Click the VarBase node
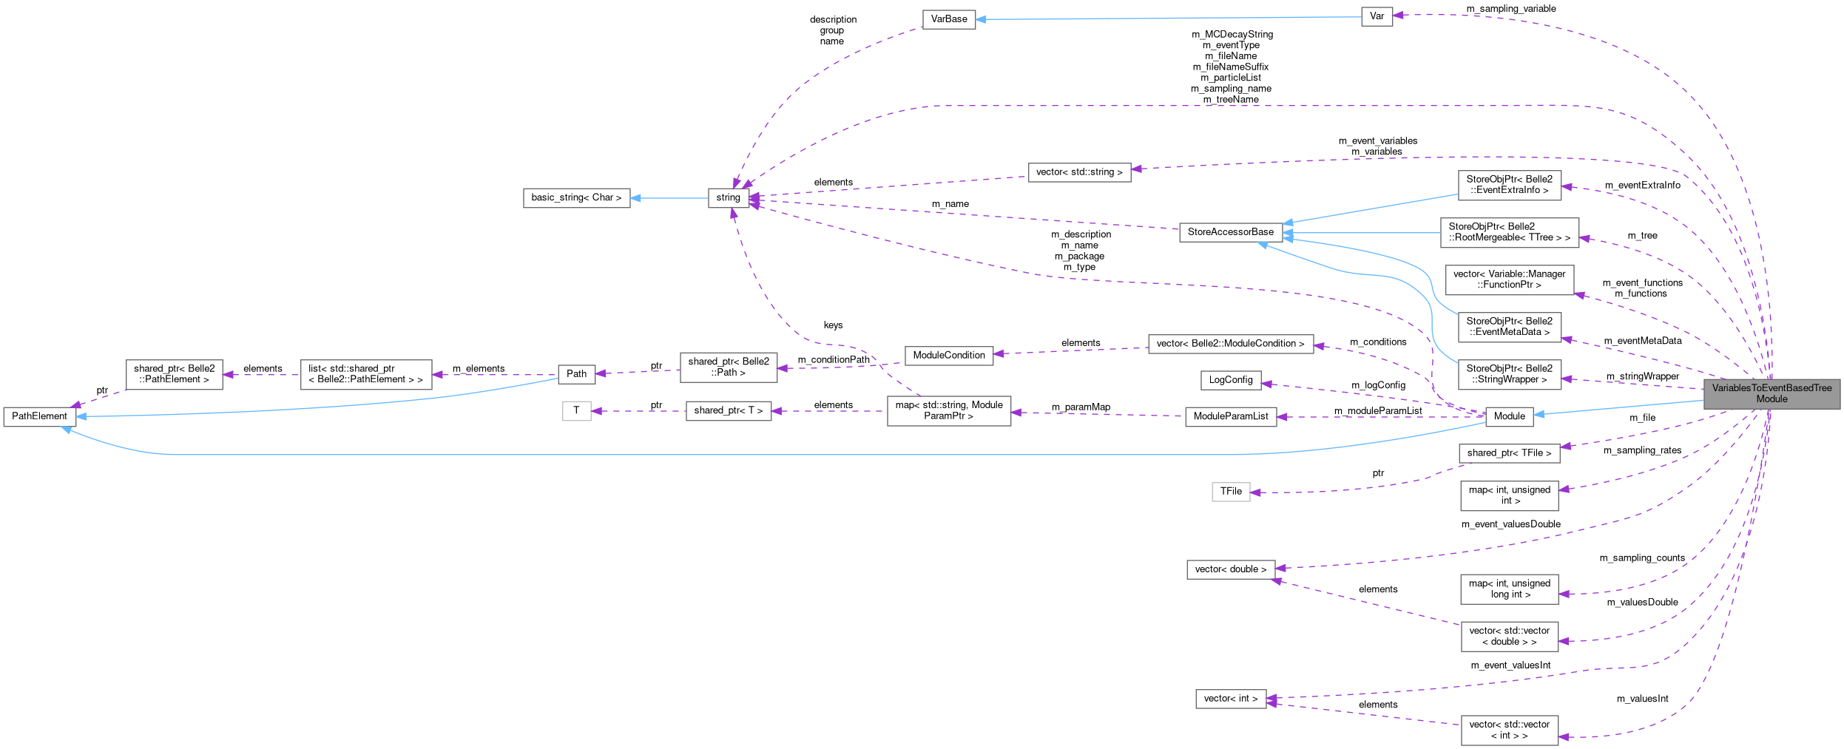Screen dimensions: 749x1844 [x=948, y=19]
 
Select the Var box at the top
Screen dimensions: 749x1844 [x=1377, y=16]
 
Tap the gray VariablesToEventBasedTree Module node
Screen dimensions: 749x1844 [x=1772, y=393]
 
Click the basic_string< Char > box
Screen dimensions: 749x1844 [x=576, y=198]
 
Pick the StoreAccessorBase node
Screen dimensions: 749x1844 [x=1230, y=232]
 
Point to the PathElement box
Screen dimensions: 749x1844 [x=39, y=416]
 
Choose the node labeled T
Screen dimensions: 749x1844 [x=576, y=410]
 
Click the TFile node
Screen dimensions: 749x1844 [x=1231, y=492]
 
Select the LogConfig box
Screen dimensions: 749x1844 [x=1230, y=380]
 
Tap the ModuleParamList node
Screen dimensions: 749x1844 [x=1230, y=416]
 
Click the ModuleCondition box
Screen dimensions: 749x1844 [x=948, y=356]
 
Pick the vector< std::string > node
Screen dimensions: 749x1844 [x=1079, y=172]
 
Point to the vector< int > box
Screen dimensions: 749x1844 [x=1230, y=699]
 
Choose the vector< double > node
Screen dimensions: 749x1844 [x=1230, y=569]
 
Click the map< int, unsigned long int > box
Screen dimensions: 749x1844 [x=1509, y=589]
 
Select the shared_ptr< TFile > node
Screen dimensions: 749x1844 [x=1509, y=453]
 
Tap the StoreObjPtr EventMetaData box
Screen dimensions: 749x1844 [x=1509, y=327]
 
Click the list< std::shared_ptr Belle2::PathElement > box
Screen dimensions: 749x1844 [x=365, y=374]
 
